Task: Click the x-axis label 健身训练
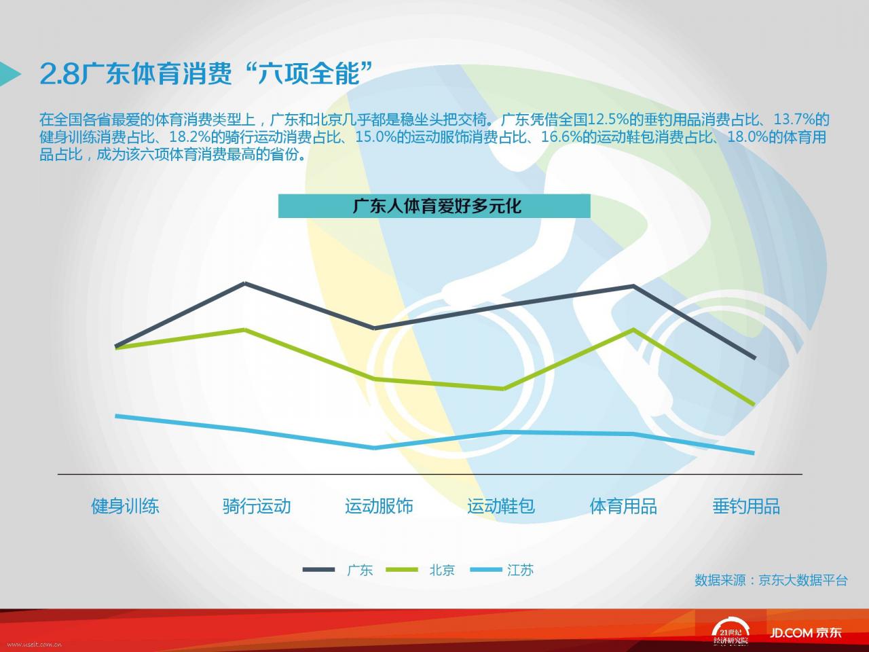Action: click(x=125, y=506)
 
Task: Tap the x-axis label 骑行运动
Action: click(x=257, y=506)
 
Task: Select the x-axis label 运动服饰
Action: click(x=379, y=506)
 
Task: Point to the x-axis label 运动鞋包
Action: click(x=501, y=506)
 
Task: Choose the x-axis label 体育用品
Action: click(x=623, y=506)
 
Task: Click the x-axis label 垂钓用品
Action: click(x=746, y=506)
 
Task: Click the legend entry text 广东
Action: click(x=360, y=570)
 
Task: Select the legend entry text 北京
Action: click(x=442, y=570)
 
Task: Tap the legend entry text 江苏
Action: click(x=521, y=570)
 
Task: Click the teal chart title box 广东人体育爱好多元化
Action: click(x=434, y=206)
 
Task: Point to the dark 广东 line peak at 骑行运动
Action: click(x=245, y=283)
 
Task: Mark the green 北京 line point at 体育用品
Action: click(x=633, y=330)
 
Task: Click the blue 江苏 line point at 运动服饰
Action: click(x=375, y=448)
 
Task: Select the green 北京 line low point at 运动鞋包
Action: click(x=503, y=388)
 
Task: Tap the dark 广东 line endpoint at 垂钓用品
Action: click(x=754, y=358)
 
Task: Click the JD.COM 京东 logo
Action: click(x=806, y=632)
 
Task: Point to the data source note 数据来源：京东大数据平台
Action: click(x=771, y=580)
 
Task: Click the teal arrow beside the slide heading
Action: click(x=10, y=74)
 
